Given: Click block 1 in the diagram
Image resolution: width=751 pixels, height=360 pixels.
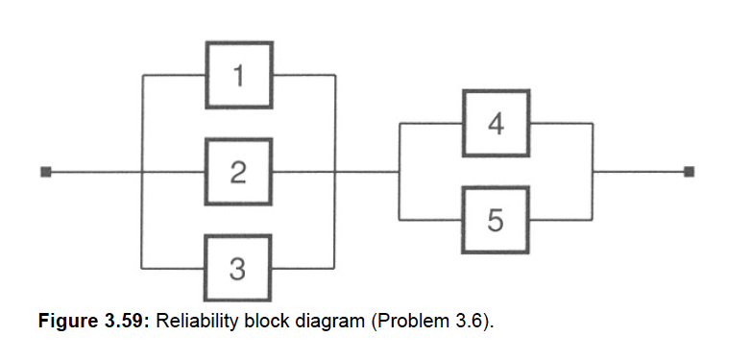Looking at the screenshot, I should tap(238, 75).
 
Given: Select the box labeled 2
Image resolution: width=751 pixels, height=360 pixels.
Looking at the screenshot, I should tap(238, 172).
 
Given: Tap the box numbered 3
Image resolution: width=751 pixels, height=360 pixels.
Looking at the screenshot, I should tap(238, 268).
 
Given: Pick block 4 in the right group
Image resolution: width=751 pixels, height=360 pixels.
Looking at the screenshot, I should tap(496, 124).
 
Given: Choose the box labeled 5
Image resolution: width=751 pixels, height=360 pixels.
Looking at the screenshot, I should tap(496, 220).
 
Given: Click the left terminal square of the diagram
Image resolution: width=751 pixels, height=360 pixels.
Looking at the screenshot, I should tap(44, 173).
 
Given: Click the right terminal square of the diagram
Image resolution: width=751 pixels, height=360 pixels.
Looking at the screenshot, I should tap(689, 173).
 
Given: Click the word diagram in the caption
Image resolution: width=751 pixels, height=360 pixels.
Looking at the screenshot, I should tap(311, 320).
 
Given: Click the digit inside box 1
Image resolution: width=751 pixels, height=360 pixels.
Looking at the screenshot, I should tap(238, 75).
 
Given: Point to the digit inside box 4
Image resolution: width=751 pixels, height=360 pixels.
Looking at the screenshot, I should tap(496, 124).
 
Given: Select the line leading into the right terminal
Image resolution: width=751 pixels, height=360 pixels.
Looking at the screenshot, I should tap(639, 173).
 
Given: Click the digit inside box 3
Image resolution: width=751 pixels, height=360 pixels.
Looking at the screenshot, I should tap(238, 268).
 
